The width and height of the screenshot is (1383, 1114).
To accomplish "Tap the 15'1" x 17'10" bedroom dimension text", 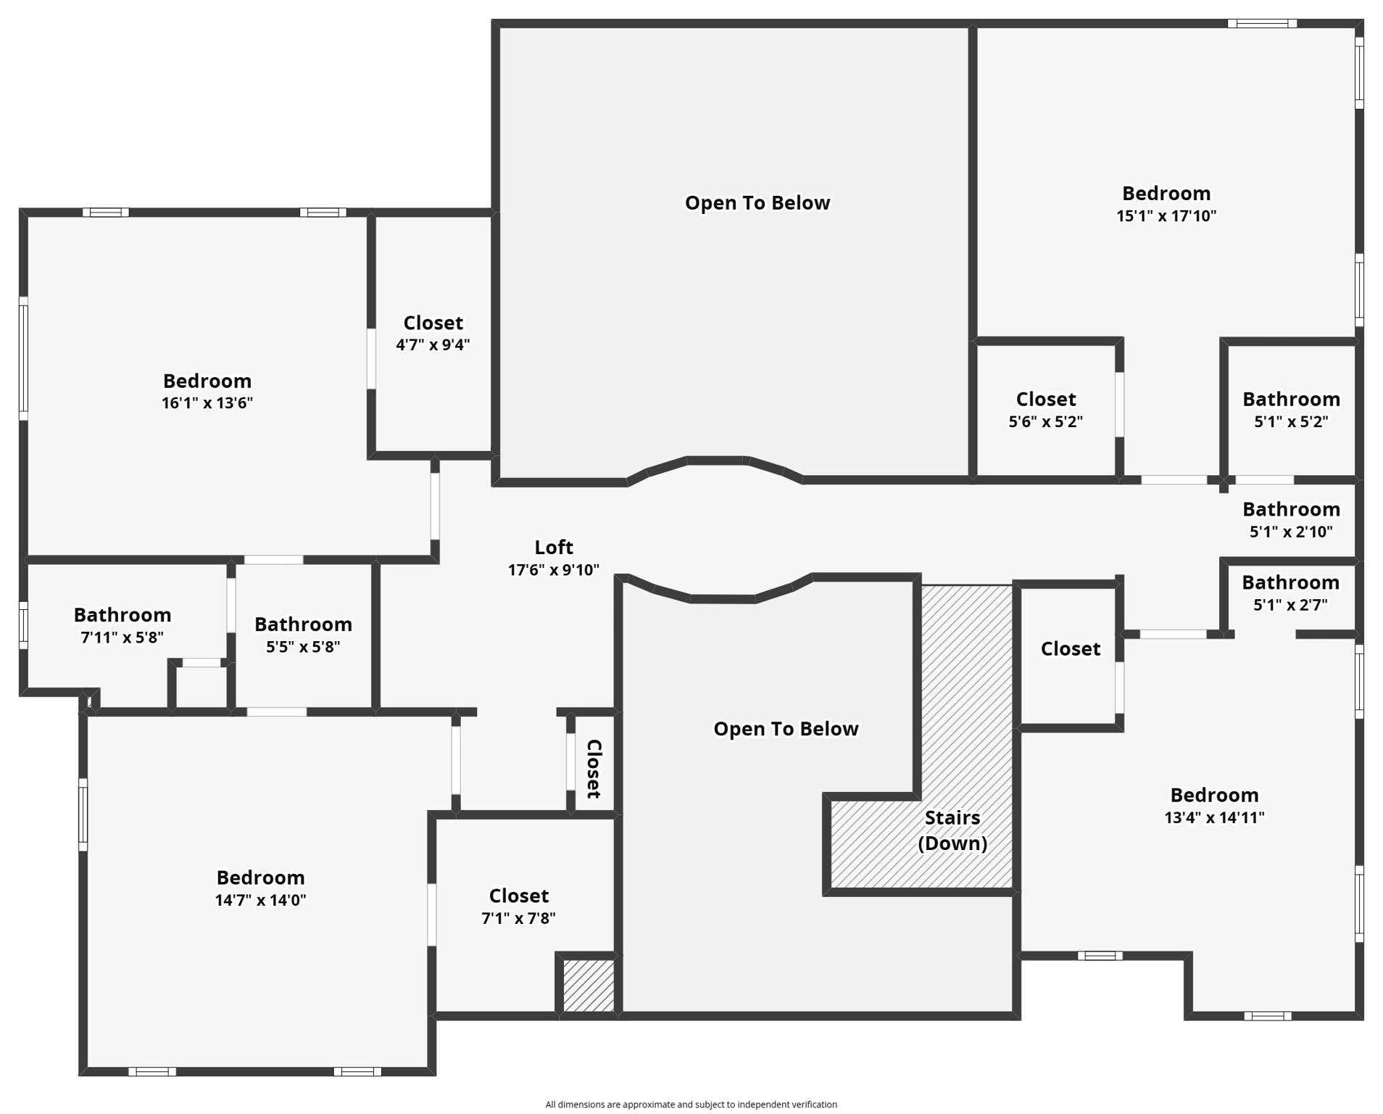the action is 1166,216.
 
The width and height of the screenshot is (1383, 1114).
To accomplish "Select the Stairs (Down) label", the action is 952,830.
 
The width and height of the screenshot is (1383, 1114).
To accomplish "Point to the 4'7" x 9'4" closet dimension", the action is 433,345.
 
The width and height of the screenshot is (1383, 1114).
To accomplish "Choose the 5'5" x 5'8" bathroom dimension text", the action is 303,647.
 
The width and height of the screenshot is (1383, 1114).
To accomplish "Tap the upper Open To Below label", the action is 757,203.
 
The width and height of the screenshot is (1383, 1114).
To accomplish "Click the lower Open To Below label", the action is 786,729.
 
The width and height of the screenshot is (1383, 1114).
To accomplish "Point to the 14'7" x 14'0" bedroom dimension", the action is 260,901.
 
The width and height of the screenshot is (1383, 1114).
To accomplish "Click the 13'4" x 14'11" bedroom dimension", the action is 1214,818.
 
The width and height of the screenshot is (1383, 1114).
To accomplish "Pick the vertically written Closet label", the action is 594,769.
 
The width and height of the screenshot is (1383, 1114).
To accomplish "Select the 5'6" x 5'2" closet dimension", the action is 1046,422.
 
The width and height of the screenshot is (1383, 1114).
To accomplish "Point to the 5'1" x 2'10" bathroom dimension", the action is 1291,532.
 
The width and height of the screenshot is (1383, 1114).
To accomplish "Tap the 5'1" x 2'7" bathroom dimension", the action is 1290,605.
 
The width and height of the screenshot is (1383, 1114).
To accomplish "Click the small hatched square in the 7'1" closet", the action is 589,986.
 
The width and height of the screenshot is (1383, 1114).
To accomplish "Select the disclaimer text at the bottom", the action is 691,1105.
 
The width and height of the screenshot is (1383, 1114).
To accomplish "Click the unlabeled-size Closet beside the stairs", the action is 1071,648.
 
